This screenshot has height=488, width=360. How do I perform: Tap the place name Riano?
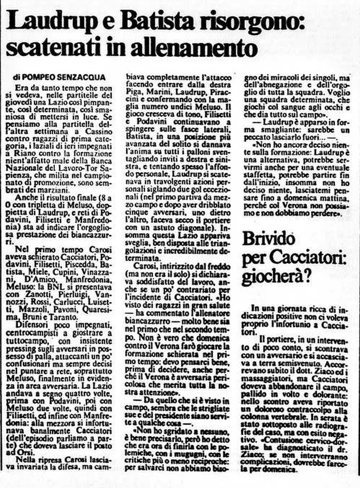click(26, 154)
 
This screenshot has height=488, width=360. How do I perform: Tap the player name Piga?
click(133, 92)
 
